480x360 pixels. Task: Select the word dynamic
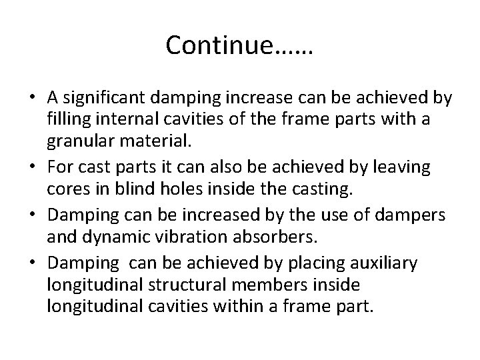(117, 238)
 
